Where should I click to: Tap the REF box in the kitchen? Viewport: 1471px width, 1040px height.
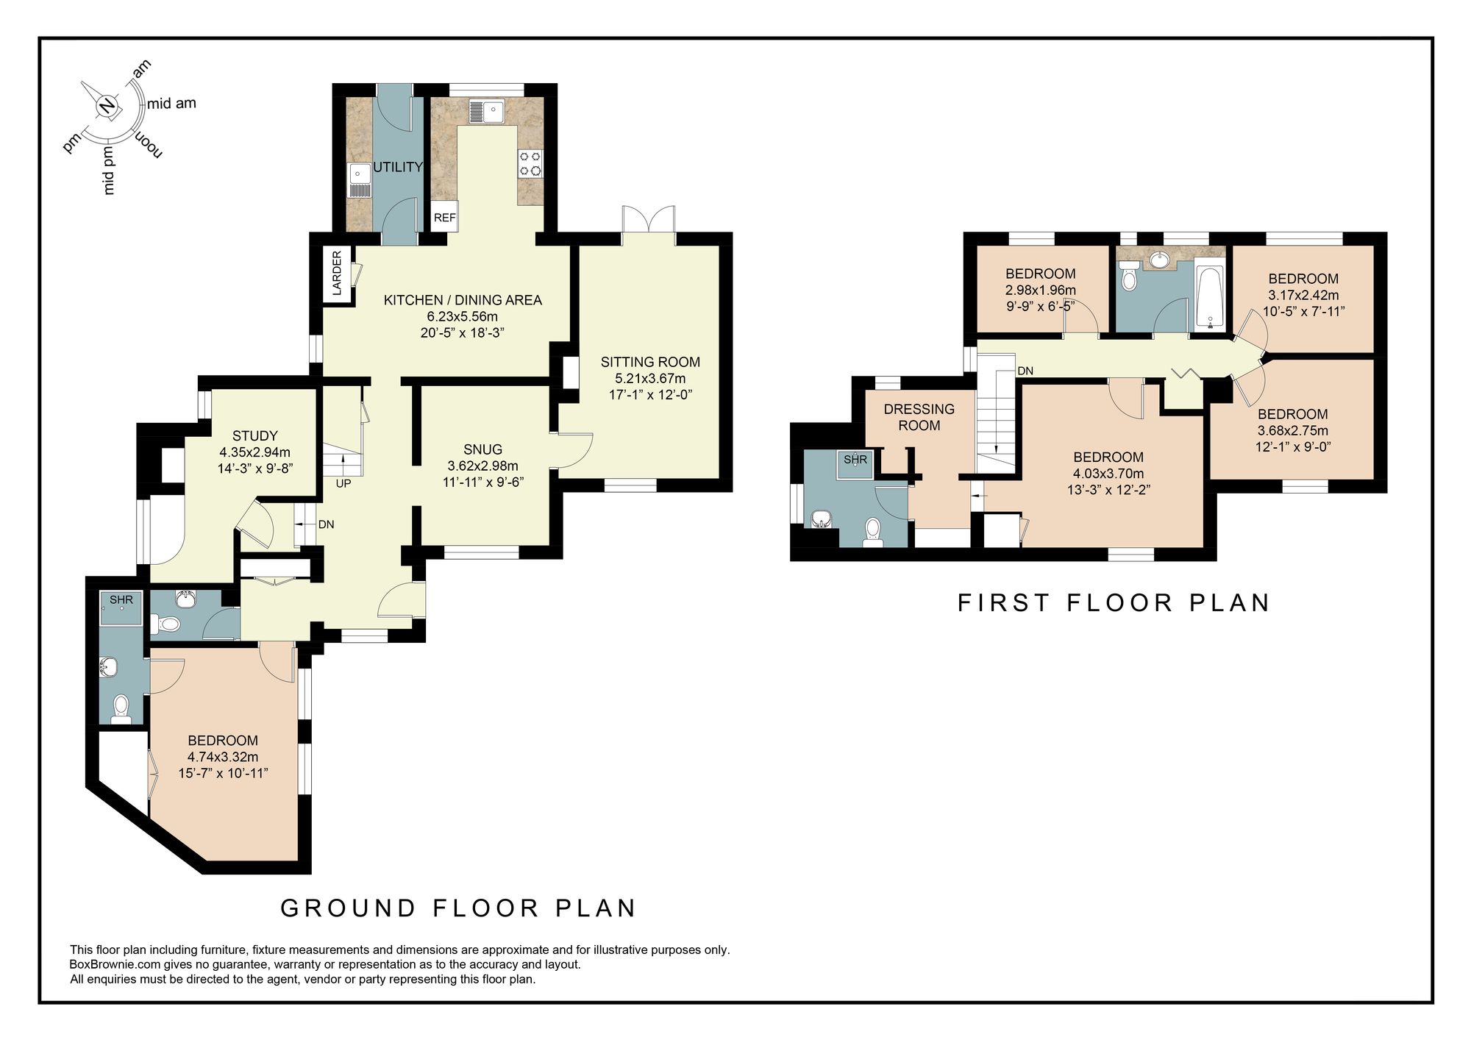(444, 218)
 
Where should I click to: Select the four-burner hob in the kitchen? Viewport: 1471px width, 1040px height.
(530, 163)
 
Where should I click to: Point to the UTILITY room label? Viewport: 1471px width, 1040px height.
(398, 167)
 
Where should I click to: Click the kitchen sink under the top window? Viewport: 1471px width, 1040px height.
(486, 112)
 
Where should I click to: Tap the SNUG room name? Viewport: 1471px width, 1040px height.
(482, 449)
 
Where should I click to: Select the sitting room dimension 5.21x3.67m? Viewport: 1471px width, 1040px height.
(650, 378)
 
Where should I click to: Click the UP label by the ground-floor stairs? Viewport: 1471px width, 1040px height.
(343, 484)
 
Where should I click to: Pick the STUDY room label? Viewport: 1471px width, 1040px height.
(255, 435)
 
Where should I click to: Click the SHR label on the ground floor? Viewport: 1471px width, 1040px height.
(121, 600)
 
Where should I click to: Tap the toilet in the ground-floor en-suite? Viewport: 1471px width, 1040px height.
(119, 708)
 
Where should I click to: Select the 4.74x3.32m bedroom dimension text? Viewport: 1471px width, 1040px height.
(223, 757)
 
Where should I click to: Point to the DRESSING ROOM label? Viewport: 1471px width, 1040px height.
(919, 417)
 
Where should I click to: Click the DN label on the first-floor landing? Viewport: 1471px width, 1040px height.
(1025, 371)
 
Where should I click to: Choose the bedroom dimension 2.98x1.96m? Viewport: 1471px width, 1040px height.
(1040, 290)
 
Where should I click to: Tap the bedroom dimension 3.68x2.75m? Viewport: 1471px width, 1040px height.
(1292, 430)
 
